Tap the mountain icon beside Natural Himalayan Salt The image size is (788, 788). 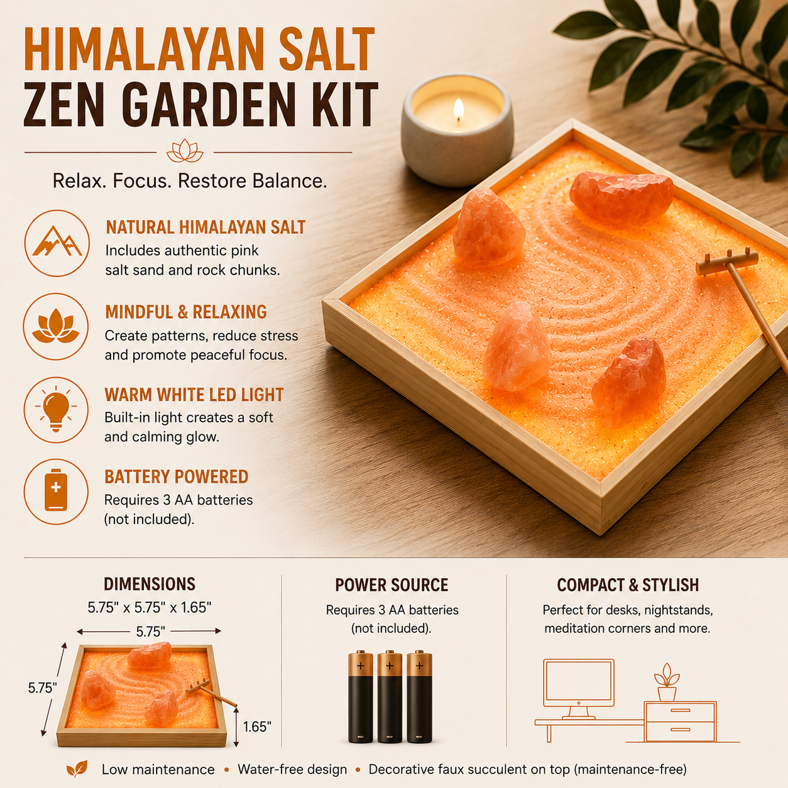coord(57,243)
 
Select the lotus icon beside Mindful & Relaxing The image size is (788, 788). coord(56,327)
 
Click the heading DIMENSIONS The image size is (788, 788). coord(150,584)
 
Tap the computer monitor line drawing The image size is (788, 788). coord(579,689)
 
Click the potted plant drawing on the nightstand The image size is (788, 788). coord(667,682)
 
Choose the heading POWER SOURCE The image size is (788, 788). coord(391,585)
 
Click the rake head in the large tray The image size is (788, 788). coord(727,262)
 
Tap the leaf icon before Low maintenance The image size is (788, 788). coord(77,769)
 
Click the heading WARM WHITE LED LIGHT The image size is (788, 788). coord(194,395)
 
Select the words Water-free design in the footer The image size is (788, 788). coord(292,769)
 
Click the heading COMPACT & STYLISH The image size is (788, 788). coord(628,585)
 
